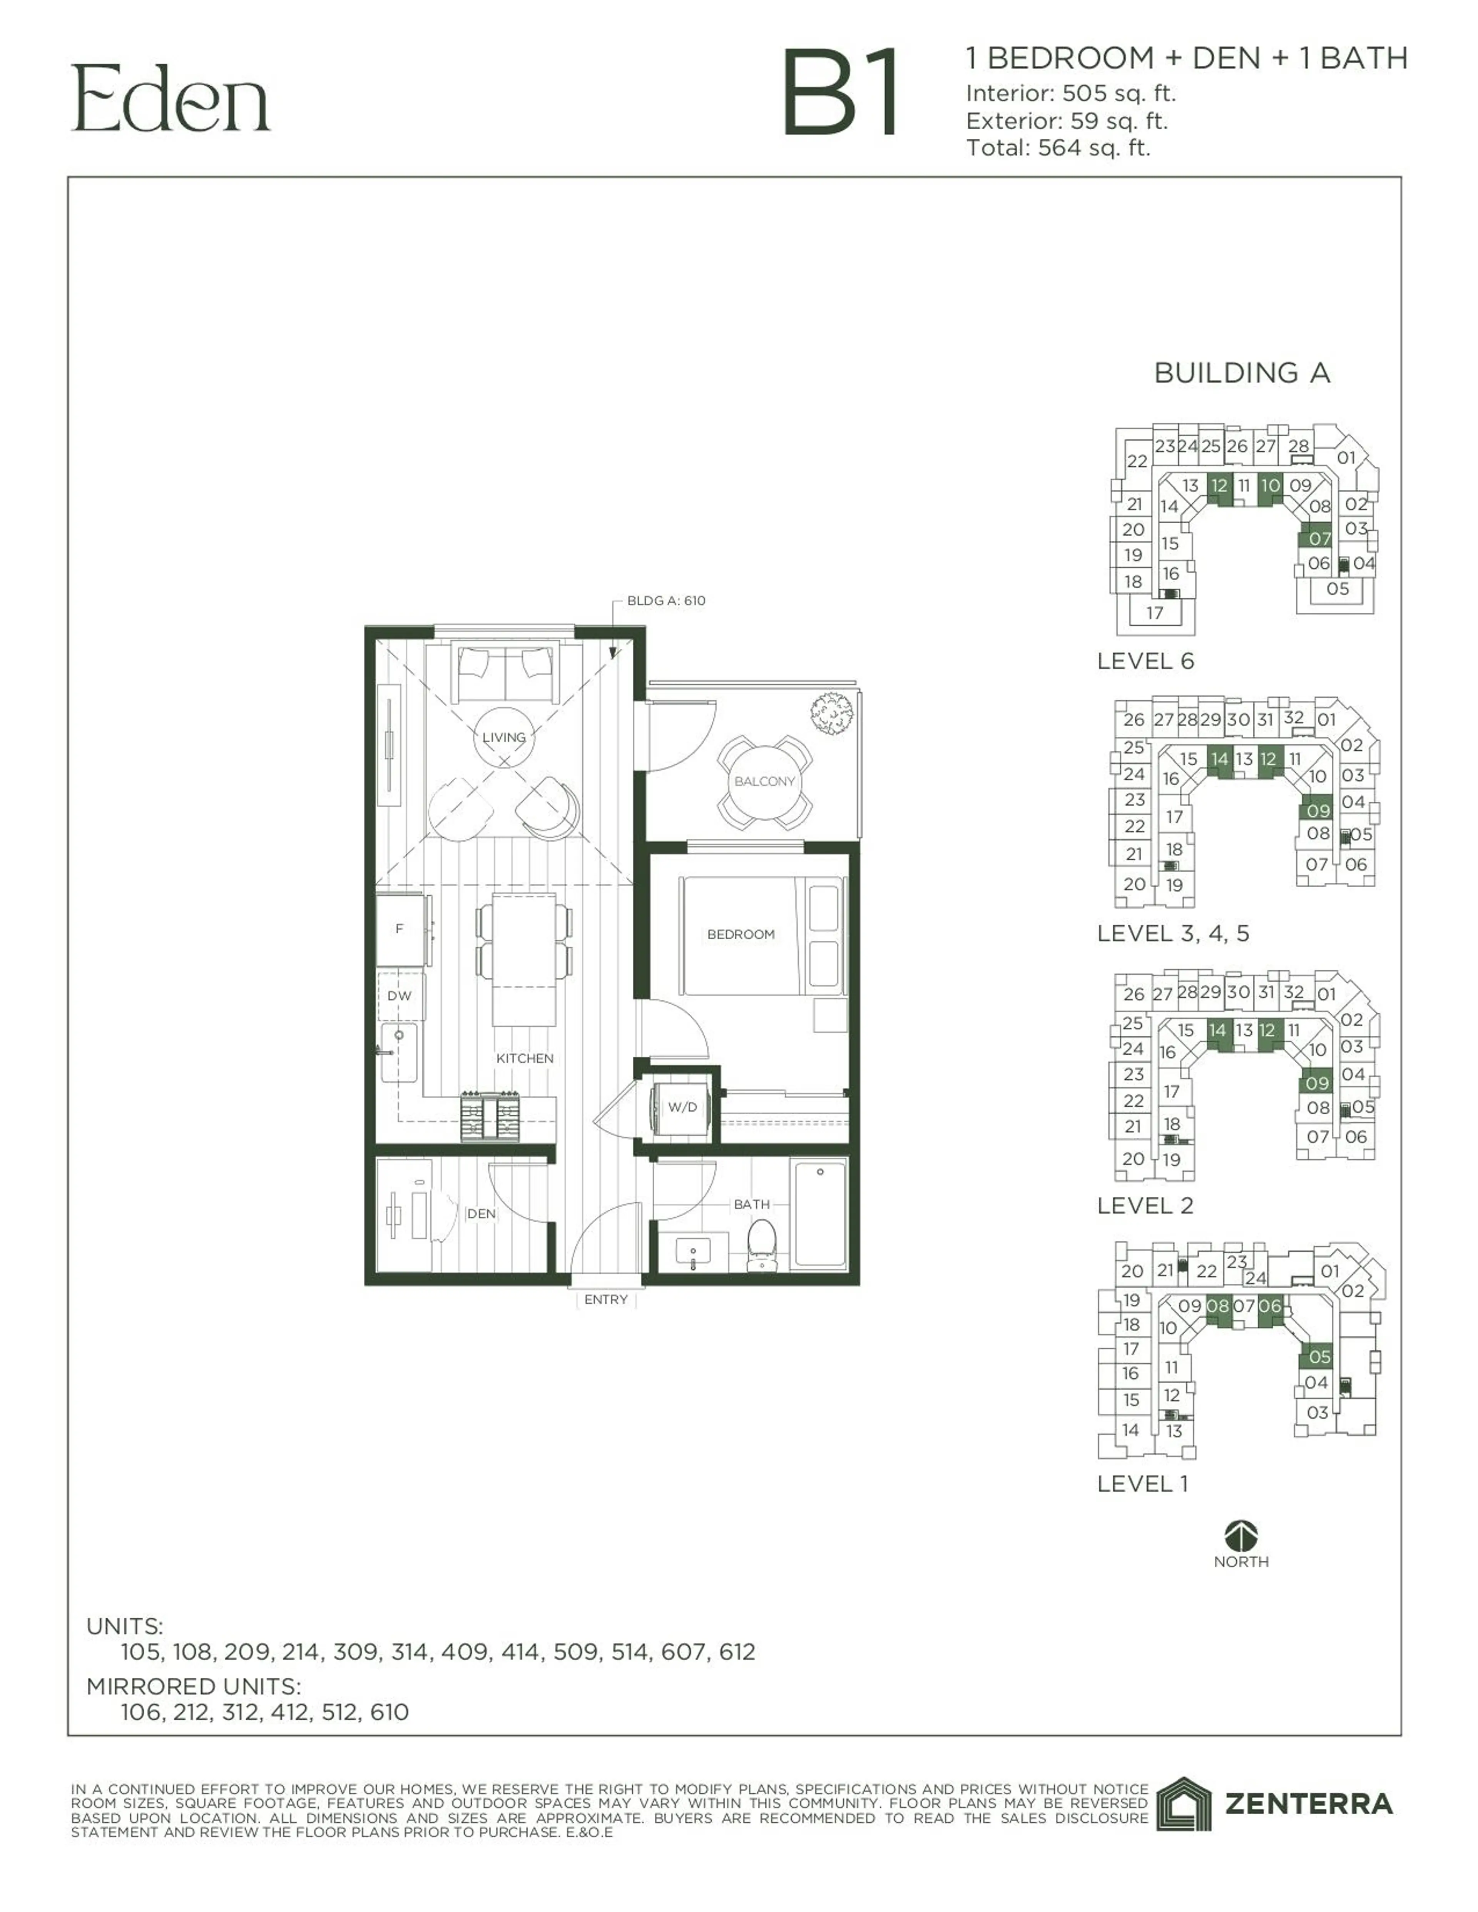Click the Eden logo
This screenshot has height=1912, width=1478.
coord(171,98)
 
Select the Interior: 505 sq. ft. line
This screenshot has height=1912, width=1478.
coord(1070,93)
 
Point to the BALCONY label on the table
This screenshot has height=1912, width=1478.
coord(764,781)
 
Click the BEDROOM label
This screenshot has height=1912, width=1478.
coord(741,934)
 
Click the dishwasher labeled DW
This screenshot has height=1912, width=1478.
coord(399,995)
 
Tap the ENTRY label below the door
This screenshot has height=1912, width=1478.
coord(606,1299)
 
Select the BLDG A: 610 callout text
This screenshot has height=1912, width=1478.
coord(665,601)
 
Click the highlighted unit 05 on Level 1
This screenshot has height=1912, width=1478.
coord(1319,1356)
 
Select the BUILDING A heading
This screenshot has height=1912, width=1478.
coord(1242,373)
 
